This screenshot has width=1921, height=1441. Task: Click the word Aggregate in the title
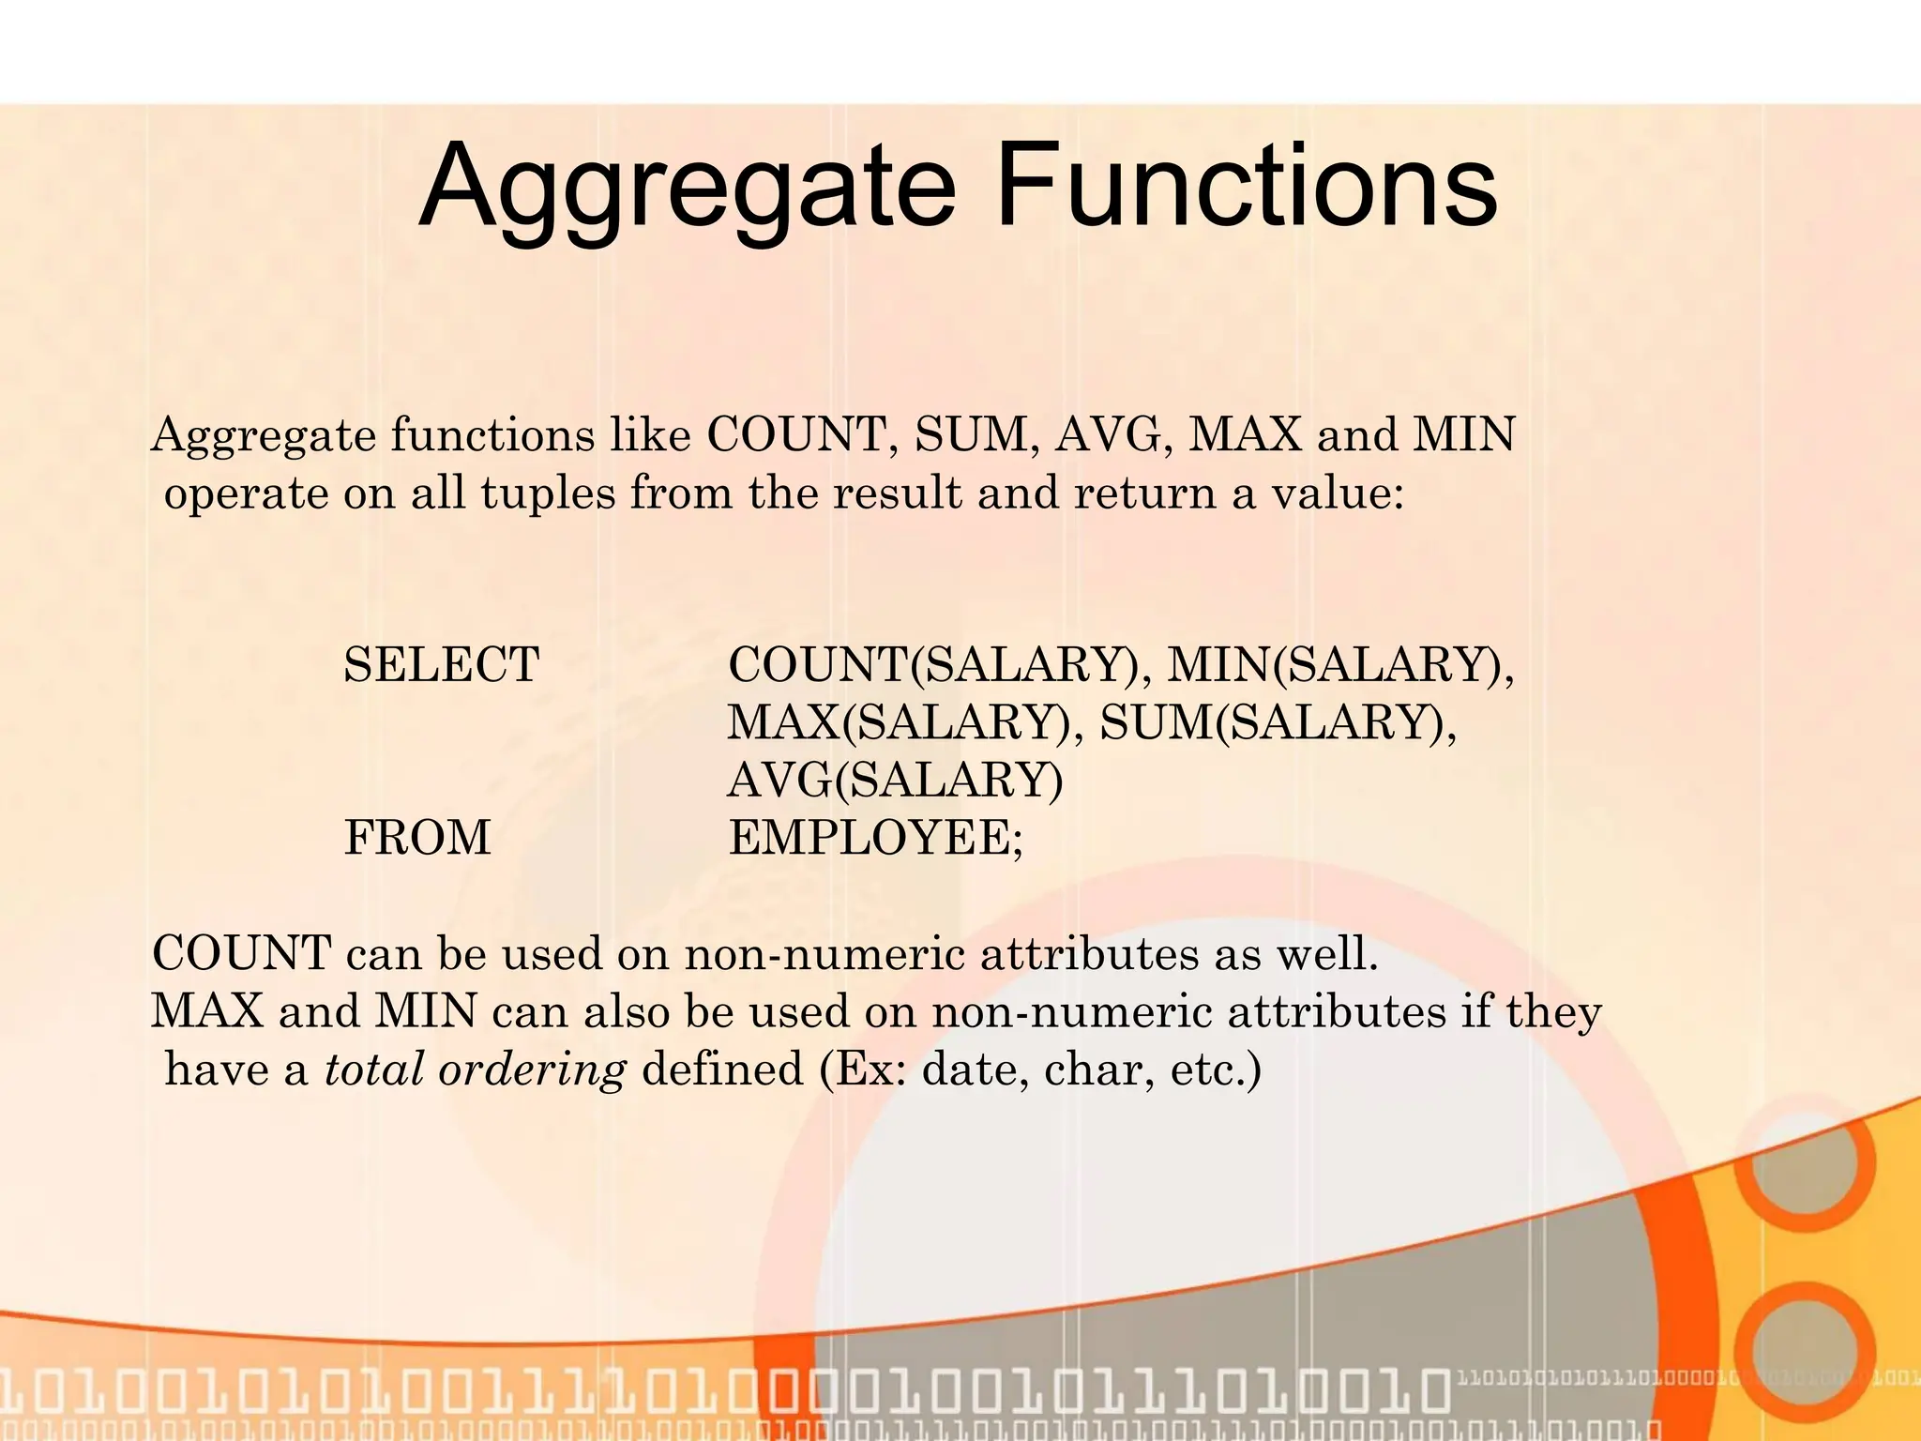tap(686, 188)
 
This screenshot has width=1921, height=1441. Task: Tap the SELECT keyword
tap(441, 664)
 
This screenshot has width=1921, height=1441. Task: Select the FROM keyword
tap(417, 837)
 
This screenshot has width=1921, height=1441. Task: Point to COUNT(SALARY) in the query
tap(932, 664)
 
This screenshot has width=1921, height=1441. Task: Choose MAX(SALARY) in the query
tap(898, 722)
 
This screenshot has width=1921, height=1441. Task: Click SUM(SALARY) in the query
tap(1277, 722)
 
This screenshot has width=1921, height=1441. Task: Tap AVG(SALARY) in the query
tap(896, 780)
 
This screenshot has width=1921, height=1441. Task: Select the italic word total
tap(374, 1069)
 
